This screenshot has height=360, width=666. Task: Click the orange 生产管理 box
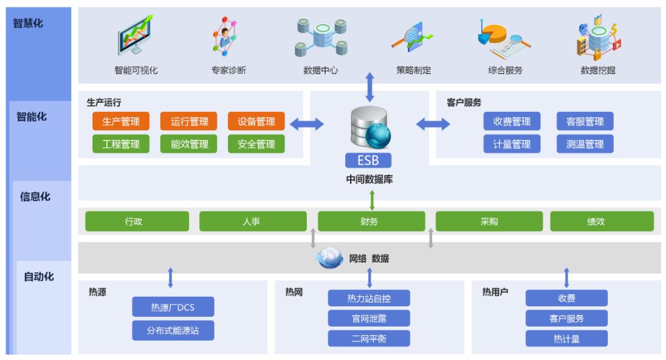pos(121,121)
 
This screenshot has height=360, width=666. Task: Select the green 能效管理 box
pos(189,144)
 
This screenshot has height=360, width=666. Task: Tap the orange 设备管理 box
pos(256,121)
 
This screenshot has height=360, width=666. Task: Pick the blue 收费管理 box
pos(512,121)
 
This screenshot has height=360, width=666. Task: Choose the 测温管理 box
pos(585,144)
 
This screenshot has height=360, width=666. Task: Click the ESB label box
pos(368,160)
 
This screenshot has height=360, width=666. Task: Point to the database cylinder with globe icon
pos(369,127)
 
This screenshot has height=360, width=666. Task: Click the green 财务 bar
pos(371,221)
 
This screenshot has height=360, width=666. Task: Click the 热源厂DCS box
pos(173,307)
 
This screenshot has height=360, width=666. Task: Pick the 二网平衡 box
pos(369,338)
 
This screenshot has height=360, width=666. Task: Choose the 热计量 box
pos(566,339)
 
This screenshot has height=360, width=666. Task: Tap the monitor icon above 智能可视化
pos(134,36)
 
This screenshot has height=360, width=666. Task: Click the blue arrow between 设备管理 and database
pos(307,124)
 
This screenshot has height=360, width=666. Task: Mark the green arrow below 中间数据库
pos(372,199)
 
